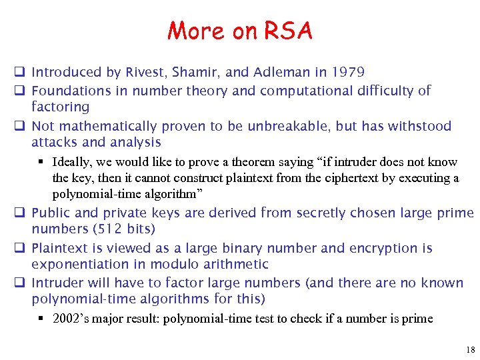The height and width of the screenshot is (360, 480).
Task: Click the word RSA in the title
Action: tap(288, 31)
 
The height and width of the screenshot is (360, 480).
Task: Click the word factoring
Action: tap(60, 107)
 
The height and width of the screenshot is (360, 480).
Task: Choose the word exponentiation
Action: tap(78, 264)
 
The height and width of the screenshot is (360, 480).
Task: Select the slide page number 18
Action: tap(471, 349)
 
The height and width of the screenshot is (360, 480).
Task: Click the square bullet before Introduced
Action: tap(21, 72)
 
